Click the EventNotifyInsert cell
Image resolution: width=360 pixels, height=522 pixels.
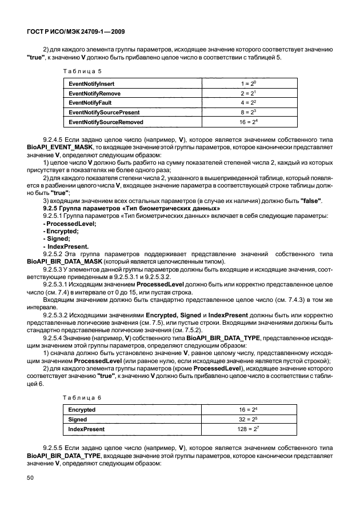[x=91, y=83]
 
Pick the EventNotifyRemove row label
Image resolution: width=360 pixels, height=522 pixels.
[x=94, y=93]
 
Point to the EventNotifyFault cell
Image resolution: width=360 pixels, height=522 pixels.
[x=90, y=103]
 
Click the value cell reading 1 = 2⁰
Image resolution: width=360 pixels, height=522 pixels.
[x=249, y=83]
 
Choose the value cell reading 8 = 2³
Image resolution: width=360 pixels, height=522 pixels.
[x=249, y=113]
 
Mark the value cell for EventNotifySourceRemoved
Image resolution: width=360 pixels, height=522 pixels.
[x=249, y=122]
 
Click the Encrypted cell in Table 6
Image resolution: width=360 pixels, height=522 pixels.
[x=82, y=410]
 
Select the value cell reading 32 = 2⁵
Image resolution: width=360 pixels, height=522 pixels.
[x=249, y=420]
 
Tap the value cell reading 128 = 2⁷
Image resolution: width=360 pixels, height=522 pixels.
[x=249, y=429]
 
